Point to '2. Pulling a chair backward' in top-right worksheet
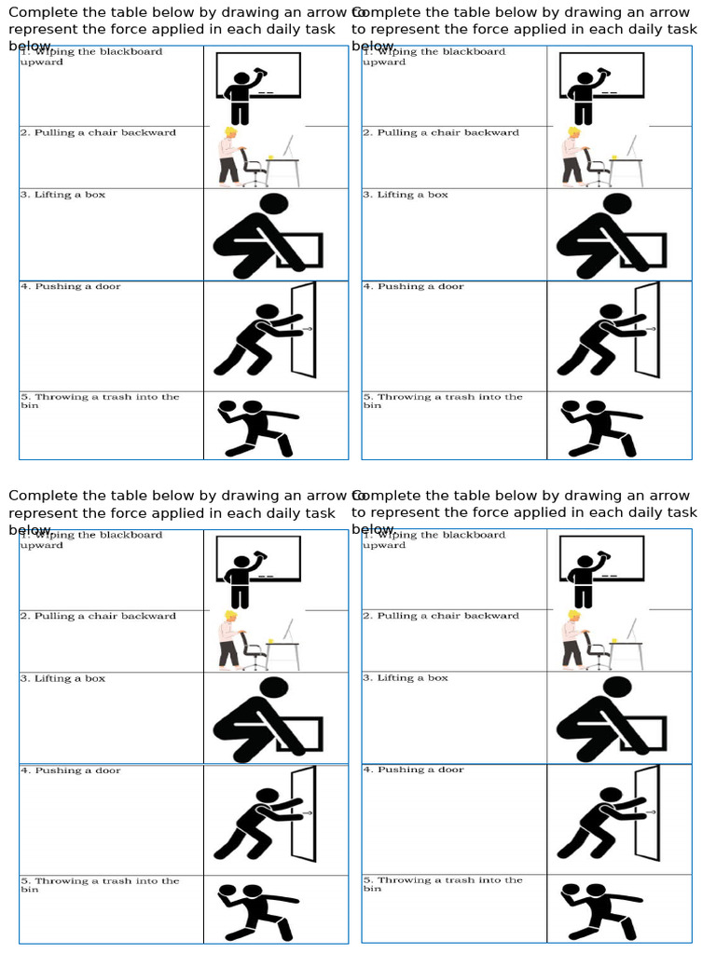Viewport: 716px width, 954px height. [440, 133]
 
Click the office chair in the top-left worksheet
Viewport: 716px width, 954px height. [253, 168]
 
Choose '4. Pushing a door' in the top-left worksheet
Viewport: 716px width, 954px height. [71, 287]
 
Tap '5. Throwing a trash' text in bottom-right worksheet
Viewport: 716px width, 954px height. [442, 880]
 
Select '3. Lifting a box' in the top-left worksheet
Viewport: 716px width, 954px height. [63, 196]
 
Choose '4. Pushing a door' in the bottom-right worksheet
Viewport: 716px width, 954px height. [414, 770]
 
